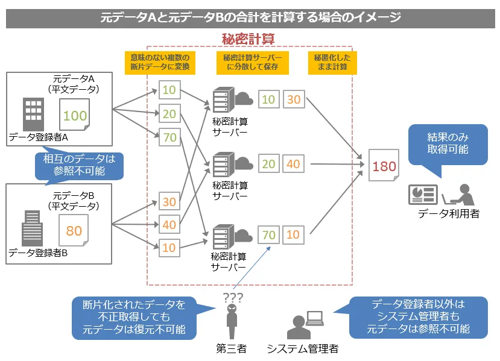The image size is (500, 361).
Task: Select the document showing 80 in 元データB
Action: click(74, 231)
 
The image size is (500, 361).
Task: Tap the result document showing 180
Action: click(384, 165)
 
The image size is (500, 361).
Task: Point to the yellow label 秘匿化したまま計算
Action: click(331, 62)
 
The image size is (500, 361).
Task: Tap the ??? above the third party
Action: click(232, 297)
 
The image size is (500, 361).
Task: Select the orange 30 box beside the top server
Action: click(294, 99)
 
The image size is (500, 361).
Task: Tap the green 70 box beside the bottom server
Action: click(268, 234)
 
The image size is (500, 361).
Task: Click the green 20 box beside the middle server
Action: click(268, 164)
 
